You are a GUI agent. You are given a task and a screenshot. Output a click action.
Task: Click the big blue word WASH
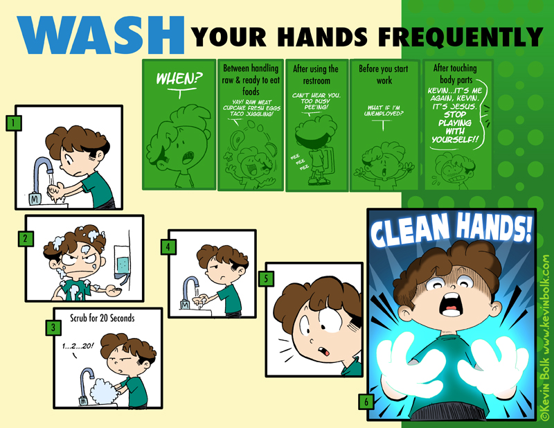[x=100, y=35]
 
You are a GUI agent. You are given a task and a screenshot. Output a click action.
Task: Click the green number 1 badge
[x=13, y=123]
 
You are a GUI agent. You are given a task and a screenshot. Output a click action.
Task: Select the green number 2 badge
[x=26, y=238]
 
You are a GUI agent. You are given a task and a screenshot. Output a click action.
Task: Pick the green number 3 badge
[x=53, y=328]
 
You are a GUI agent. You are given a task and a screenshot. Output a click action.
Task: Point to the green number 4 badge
[x=168, y=247]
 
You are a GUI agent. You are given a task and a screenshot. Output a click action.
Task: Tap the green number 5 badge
[x=266, y=278]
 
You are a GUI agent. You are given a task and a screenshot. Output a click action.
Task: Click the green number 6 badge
[x=366, y=402]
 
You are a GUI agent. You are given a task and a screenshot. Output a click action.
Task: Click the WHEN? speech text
[x=179, y=78]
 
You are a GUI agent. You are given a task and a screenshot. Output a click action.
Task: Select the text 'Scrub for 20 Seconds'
[x=102, y=318]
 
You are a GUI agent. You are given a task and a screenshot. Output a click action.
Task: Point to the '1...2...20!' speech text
[x=78, y=346]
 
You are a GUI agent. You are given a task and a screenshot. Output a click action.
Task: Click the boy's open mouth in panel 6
[x=449, y=304]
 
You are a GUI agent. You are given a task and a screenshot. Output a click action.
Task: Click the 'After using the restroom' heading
[x=316, y=75]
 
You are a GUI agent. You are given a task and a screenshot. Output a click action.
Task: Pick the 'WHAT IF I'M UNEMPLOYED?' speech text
[x=384, y=110]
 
